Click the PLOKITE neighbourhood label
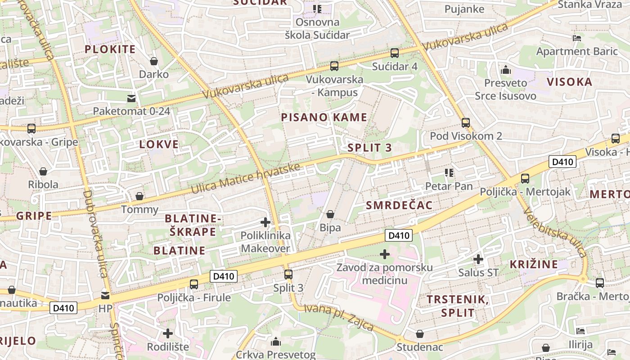point(110,49)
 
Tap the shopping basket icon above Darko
point(154,61)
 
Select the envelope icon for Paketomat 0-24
point(131,98)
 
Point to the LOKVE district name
point(159,144)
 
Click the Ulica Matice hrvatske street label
point(245,179)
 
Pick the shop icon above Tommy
point(139,196)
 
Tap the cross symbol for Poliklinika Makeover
point(265,222)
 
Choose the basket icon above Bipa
point(330,214)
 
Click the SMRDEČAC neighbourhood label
point(399,206)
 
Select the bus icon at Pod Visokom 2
point(466,122)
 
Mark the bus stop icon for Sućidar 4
point(395,53)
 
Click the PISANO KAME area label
point(324,117)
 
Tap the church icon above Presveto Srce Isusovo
point(506,70)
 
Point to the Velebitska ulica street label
point(555,234)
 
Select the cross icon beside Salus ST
point(478,259)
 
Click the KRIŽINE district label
point(534,264)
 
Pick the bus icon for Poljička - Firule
point(194,284)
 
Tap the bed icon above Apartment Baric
point(577,38)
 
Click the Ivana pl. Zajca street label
point(339,317)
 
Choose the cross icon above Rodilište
point(168,333)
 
